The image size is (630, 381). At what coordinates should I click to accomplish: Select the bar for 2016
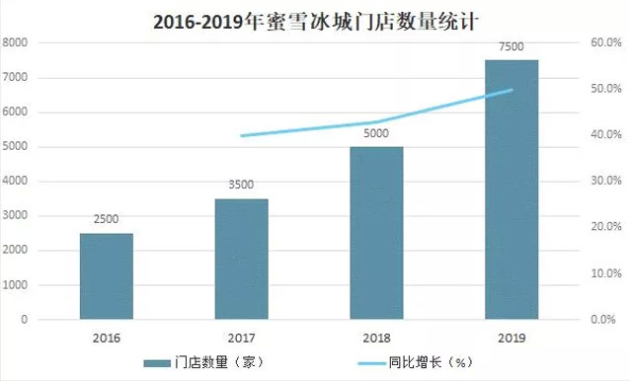(x=107, y=276)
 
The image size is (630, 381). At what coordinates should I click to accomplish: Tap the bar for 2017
(x=241, y=259)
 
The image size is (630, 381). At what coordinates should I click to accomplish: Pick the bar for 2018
(x=376, y=233)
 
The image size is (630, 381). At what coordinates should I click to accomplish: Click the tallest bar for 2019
(x=512, y=190)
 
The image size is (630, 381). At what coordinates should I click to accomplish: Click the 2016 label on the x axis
(x=107, y=338)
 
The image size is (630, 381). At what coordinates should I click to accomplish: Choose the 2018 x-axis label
(x=376, y=338)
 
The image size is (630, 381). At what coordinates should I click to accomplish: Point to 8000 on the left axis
(x=17, y=43)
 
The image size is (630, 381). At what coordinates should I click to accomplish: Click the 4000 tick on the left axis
(x=17, y=182)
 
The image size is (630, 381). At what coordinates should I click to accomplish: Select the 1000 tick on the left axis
(x=17, y=285)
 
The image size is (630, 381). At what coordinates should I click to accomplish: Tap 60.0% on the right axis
(x=604, y=43)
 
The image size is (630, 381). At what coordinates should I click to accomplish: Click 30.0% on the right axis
(x=604, y=182)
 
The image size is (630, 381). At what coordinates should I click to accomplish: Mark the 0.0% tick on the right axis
(x=604, y=320)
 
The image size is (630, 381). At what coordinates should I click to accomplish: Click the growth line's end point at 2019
(x=512, y=90)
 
